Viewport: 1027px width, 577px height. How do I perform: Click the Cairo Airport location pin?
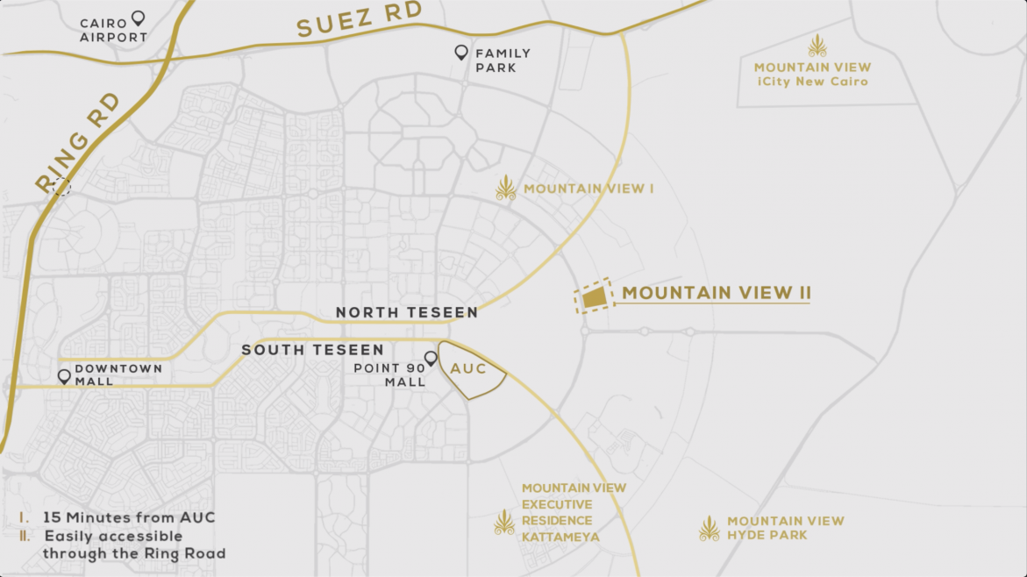138,18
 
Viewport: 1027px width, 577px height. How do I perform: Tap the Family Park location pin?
461,53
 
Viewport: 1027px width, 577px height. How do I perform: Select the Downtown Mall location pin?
64,376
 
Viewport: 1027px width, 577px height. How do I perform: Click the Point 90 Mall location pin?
431,359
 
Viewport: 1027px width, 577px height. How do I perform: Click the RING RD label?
77,149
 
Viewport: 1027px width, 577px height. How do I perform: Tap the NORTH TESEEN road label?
407,312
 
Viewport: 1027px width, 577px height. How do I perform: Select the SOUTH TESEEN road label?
313,350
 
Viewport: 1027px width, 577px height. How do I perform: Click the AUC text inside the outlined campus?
468,369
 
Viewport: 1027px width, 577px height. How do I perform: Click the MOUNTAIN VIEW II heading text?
717,293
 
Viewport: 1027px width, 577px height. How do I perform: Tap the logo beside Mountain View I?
506,188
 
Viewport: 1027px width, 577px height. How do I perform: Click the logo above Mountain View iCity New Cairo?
817,46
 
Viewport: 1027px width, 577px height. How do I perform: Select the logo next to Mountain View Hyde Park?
709,528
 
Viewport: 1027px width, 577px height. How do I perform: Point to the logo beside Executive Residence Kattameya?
504,522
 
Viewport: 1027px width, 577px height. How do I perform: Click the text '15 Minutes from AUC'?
129,517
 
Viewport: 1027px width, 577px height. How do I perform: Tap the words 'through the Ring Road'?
134,553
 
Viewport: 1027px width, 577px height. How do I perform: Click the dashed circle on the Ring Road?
61,186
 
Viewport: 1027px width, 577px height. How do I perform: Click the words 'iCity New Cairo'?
813,82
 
